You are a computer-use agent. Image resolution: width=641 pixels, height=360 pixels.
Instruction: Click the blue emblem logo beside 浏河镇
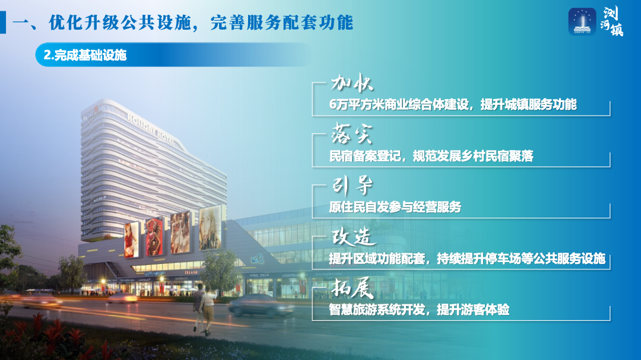582,21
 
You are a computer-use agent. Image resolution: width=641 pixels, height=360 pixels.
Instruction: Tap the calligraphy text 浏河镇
612,22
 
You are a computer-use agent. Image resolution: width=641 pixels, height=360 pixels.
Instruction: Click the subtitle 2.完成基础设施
85,55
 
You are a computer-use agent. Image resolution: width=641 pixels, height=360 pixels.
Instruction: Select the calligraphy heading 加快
351,83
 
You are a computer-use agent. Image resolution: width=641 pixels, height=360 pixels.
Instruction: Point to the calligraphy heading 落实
351,133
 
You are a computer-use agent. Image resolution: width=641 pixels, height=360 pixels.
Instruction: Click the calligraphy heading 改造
353,237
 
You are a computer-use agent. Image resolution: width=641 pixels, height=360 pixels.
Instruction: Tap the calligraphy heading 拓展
353,288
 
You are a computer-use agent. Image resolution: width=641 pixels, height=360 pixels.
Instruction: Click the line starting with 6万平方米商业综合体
453,104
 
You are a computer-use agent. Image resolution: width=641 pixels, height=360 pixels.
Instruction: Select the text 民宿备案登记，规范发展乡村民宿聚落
431,156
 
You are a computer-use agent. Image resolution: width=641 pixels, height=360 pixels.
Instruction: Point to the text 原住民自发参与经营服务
395,207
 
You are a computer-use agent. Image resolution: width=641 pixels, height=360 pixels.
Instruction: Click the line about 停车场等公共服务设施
467,258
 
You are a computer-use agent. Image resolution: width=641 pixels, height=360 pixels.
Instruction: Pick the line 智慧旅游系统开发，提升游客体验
419,310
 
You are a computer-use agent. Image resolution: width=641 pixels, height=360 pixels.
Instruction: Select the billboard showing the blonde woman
210,227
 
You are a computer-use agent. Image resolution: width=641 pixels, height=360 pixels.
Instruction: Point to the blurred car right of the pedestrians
261,305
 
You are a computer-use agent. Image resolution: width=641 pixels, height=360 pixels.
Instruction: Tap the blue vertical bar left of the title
3,23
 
